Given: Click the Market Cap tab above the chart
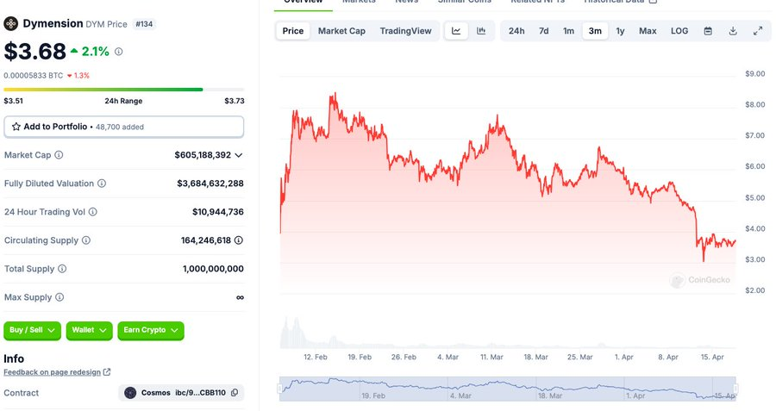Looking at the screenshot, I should coord(341,31).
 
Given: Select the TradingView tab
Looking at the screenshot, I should coord(405,31).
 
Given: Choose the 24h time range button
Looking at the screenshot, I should coord(516,31).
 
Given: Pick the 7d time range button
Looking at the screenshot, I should coord(543,31).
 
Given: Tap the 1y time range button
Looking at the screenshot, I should coord(620,31).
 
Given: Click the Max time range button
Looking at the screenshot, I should coord(648,31).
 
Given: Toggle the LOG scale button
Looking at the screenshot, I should coord(679,31).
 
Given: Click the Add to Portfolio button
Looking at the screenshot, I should coord(123,127).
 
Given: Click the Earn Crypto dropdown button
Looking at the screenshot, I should coord(151,330).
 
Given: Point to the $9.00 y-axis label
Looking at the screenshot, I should coord(754,74).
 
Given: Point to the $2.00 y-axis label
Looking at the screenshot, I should coord(754,290).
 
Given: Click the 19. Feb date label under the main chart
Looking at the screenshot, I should coord(360,357).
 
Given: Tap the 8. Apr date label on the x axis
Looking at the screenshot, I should coord(667,357).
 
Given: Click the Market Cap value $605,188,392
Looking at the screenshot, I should coord(203,155).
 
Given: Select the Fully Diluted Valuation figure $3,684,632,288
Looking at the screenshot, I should coord(210,184).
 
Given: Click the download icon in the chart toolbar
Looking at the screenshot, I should coord(733,31).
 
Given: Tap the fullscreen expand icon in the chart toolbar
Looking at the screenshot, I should coord(758,31).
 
